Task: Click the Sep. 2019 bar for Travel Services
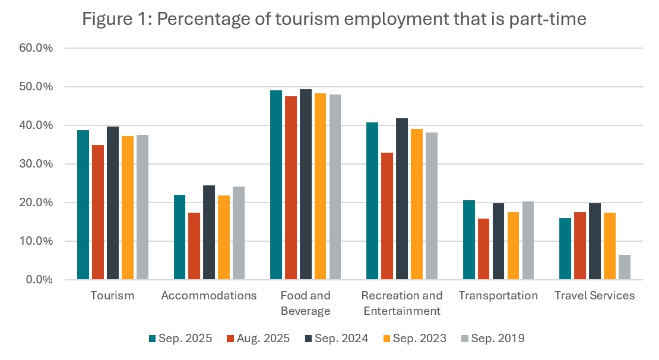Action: [625, 267]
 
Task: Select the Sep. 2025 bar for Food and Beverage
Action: [276, 185]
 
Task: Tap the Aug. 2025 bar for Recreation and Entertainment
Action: [387, 216]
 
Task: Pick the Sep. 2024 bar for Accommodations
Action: [209, 232]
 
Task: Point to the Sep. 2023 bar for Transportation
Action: [513, 246]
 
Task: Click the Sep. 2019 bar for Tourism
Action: [142, 207]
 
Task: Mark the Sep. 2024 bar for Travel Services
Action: [595, 241]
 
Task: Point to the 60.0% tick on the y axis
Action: [37, 48]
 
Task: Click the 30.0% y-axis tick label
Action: [37, 164]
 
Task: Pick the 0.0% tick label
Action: [40, 280]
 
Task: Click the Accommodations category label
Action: [209, 295]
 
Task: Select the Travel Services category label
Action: [595, 295]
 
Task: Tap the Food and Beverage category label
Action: [306, 303]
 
